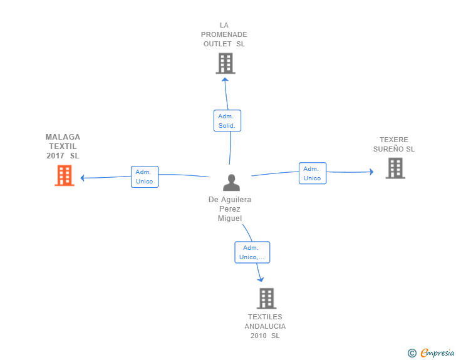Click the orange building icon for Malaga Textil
coord(64,175)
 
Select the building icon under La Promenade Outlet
coord(225,63)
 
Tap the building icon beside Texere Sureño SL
coord(395,168)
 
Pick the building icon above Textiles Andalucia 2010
coord(266,299)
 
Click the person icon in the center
coord(231,183)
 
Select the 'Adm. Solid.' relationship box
coord(227,121)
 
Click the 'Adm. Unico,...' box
coord(252,252)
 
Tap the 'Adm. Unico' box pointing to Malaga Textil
coord(144,177)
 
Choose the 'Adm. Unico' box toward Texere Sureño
coord(312,173)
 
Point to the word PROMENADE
coord(224,34)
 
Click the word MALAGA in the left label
coord(63,136)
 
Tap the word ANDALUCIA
coord(265,326)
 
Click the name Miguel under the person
coord(230,218)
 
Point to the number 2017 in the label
coord(55,155)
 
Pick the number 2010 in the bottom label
coord(258,336)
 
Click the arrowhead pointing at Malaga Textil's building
coord(83,177)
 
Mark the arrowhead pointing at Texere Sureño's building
coord(371,172)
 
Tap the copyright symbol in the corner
coord(412,353)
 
